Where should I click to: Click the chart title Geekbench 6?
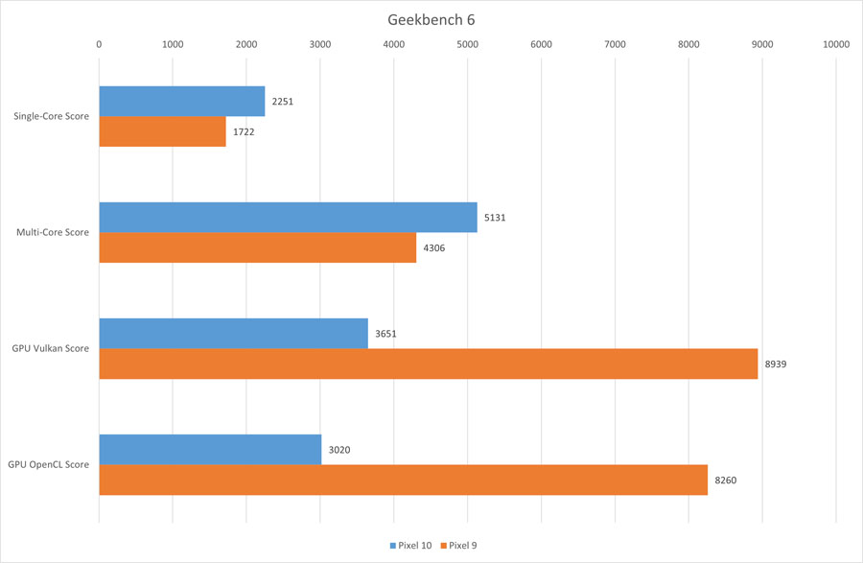click(x=431, y=19)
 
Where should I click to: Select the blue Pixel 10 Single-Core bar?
click(x=182, y=101)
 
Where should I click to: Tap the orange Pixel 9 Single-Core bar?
click(x=163, y=131)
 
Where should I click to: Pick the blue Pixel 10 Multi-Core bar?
click(x=288, y=217)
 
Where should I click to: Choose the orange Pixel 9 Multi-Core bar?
click(x=258, y=247)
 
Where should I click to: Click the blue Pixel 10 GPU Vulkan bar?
click(x=233, y=333)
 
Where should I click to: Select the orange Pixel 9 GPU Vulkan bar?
click(x=429, y=364)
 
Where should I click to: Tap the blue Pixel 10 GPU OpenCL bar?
click(x=210, y=449)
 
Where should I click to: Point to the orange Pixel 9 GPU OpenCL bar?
click(x=403, y=480)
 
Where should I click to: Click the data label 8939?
click(x=777, y=364)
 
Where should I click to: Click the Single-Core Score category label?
click(x=51, y=117)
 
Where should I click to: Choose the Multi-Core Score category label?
click(x=53, y=232)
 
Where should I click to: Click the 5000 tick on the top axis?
click(x=467, y=44)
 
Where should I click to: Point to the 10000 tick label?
click(x=835, y=44)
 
